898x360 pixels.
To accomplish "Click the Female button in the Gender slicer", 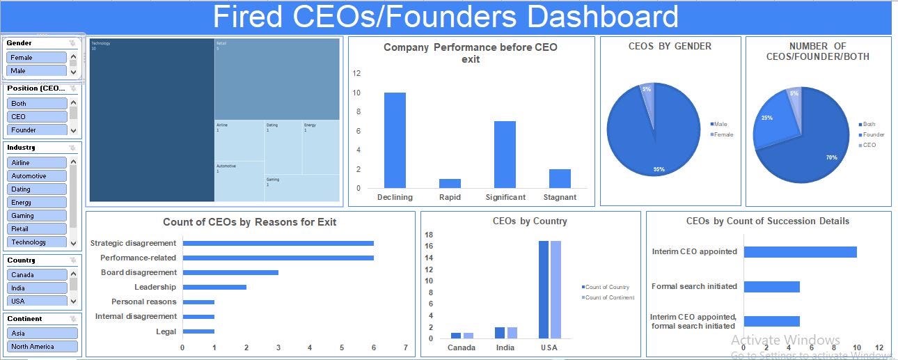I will coord(37,58).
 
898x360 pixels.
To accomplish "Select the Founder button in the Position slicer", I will coord(37,130).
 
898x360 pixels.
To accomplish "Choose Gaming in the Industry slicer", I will coord(37,216).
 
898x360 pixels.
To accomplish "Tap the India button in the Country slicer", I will coord(37,288).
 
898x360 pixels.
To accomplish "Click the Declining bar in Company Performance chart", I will coord(395,140).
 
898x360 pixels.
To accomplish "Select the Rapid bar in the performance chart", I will coord(450,183).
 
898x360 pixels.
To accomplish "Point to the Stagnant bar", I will coord(560,178).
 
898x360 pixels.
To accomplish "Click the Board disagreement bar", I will coord(230,272).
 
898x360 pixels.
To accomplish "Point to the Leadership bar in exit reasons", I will coord(214,287).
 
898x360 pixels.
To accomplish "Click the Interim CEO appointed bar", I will coord(800,251).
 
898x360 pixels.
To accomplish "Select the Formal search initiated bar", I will coord(771,286).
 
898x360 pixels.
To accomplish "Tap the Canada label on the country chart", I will coord(462,347).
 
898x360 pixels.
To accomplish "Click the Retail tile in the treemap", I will coord(277,79).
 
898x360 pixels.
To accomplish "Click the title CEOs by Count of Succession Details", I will coord(768,221).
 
